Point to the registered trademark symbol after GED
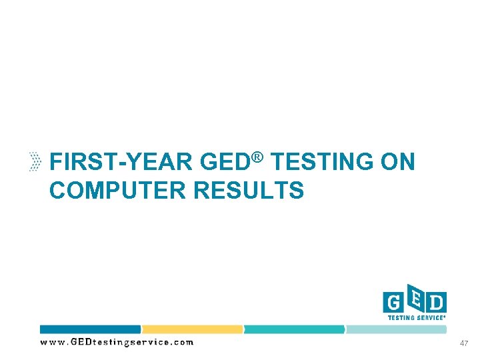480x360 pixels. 259,157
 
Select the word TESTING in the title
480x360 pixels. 318,162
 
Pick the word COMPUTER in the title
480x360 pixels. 118,191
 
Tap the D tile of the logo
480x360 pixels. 436,303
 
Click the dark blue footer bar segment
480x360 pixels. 90,329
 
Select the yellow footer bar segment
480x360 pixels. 192,329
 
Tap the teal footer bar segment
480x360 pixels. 294,329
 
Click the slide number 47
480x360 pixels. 464,343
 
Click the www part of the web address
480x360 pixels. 53,343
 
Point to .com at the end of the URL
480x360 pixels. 183,343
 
